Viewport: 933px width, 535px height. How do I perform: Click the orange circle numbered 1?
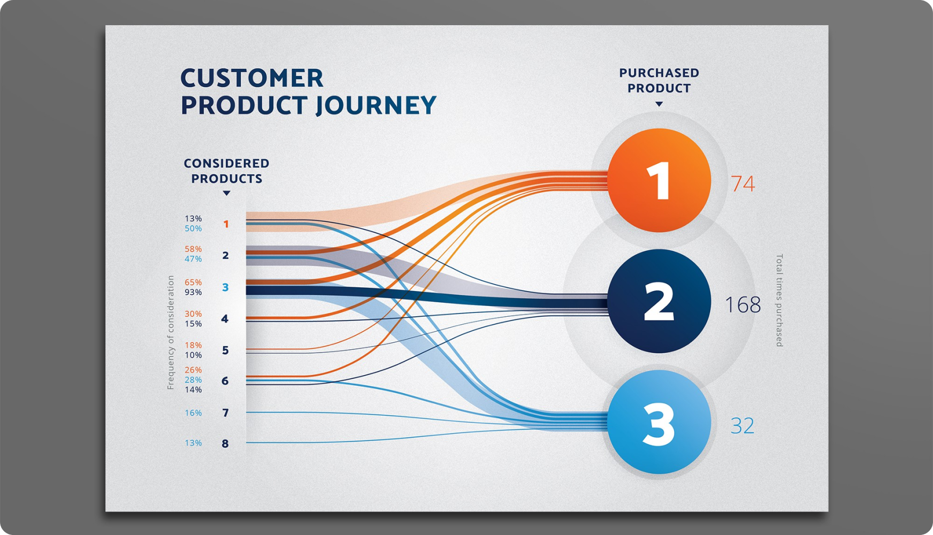tap(659, 180)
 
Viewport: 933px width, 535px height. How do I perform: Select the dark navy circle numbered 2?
tap(659, 301)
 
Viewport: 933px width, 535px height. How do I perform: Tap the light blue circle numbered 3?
tap(659, 422)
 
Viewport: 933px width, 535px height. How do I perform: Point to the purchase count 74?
tap(743, 184)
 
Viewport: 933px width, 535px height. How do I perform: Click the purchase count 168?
tap(743, 305)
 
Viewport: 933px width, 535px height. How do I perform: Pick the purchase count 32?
tap(743, 426)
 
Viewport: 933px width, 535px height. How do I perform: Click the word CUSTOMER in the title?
tap(252, 78)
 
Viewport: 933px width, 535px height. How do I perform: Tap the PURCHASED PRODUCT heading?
tap(659, 80)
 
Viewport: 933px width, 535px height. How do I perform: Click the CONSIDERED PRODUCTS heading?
tap(226, 171)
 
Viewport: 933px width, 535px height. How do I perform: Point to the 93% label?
tap(193, 292)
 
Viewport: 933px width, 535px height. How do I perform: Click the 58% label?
tap(193, 249)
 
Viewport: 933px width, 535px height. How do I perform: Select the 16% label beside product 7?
tap(193, 413)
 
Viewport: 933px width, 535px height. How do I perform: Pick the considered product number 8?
tap(225, 444)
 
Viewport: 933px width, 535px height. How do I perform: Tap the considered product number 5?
tap(225, 350)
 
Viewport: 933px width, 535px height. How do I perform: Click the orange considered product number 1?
tap(226, 224)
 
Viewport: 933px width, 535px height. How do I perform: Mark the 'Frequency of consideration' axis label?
tap(171, 332)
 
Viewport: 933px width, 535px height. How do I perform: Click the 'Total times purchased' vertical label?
tap(779, 300)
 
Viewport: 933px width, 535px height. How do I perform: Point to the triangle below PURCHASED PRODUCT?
tap(659, 104)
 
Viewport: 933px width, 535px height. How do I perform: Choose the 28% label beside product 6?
tap(193, 380)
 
